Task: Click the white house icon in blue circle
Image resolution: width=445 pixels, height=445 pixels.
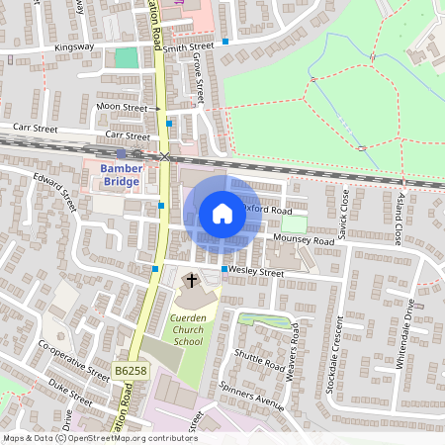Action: pyautogui.click(x=222, y=213)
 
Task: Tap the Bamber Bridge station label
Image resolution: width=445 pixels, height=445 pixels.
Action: pyautogui.click(x=122, y=175)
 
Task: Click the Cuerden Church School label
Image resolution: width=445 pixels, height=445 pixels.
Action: pyautogui.click(x=187, y=329)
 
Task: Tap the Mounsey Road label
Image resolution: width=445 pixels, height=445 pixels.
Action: pyautogui.click(x=303, y=240)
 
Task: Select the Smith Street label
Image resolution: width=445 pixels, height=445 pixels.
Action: pyautogui.click(x=189, y=46)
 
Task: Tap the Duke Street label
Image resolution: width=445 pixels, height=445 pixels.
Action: pyautogui.click(x=70, y=395)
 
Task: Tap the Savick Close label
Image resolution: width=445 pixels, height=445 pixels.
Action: pyautogui.click(x=343, y=215)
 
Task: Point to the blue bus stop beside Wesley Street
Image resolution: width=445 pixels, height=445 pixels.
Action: pyautogui.click(x=224, y=269)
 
